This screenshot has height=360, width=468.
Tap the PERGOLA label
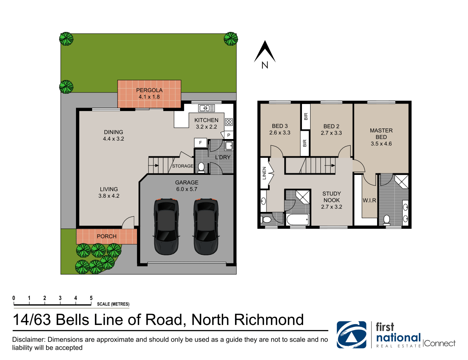tap(149, 90)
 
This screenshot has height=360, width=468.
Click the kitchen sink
tap(206, 108)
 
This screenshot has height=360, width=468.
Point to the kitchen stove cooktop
tap(229, 122)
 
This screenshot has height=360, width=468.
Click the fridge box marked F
tap(200, 143)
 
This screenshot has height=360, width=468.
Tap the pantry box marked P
tap(229, 135)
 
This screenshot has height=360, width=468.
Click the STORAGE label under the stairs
tap(183, 166)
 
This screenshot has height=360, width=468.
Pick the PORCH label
tap(107, 236)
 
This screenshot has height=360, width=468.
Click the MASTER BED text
tap(381, 134)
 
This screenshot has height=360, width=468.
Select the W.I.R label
tap(369, 200)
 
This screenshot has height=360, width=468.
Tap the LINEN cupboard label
tap(265, 173)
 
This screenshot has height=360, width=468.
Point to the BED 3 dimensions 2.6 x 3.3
tap(279, 133)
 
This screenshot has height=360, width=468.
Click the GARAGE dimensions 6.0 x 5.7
tap(187, 189)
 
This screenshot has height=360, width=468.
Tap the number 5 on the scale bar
tap(91, 298)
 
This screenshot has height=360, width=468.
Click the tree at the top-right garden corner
tap(231, 39)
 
